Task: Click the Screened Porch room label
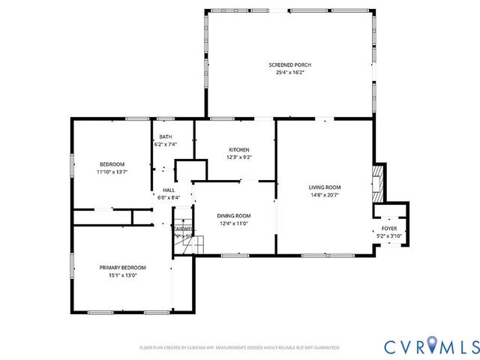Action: (289, 65)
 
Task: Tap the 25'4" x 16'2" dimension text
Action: (289, 73)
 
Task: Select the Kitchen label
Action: (238, 149)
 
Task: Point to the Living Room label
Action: (325, 187)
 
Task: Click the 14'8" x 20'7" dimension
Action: (325, 195)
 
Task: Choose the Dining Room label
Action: (233, 215)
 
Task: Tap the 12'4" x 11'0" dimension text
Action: (233, 223)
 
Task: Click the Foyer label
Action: (389, 228)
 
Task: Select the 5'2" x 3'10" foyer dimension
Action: (389, 235)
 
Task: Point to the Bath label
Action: (165, 136)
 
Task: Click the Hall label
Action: (169, 190)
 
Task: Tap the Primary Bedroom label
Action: (123, 268)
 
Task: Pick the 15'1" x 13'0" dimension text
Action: (123, 275)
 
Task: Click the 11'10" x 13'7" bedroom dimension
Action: (112, 172)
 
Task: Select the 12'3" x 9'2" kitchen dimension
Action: (238, 157)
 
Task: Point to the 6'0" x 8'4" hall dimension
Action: (169, 198)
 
